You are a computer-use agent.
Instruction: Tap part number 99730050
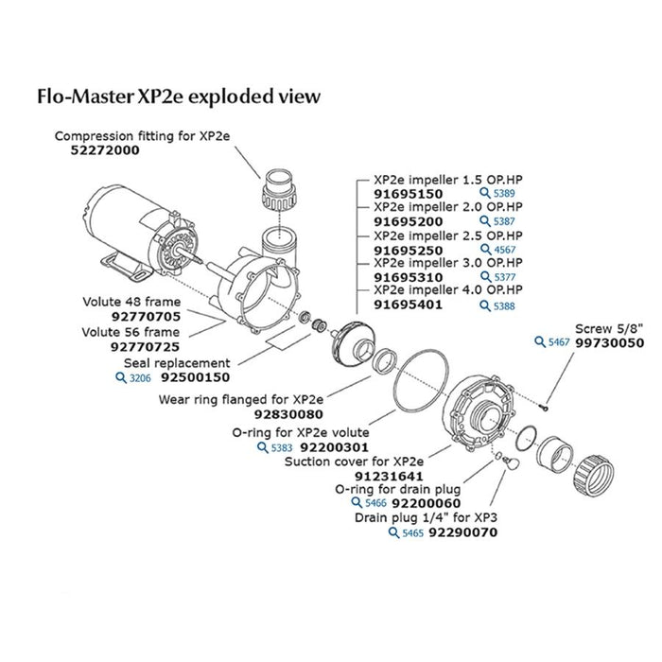[609, 343]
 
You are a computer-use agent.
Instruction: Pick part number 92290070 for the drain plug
[463, 533]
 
